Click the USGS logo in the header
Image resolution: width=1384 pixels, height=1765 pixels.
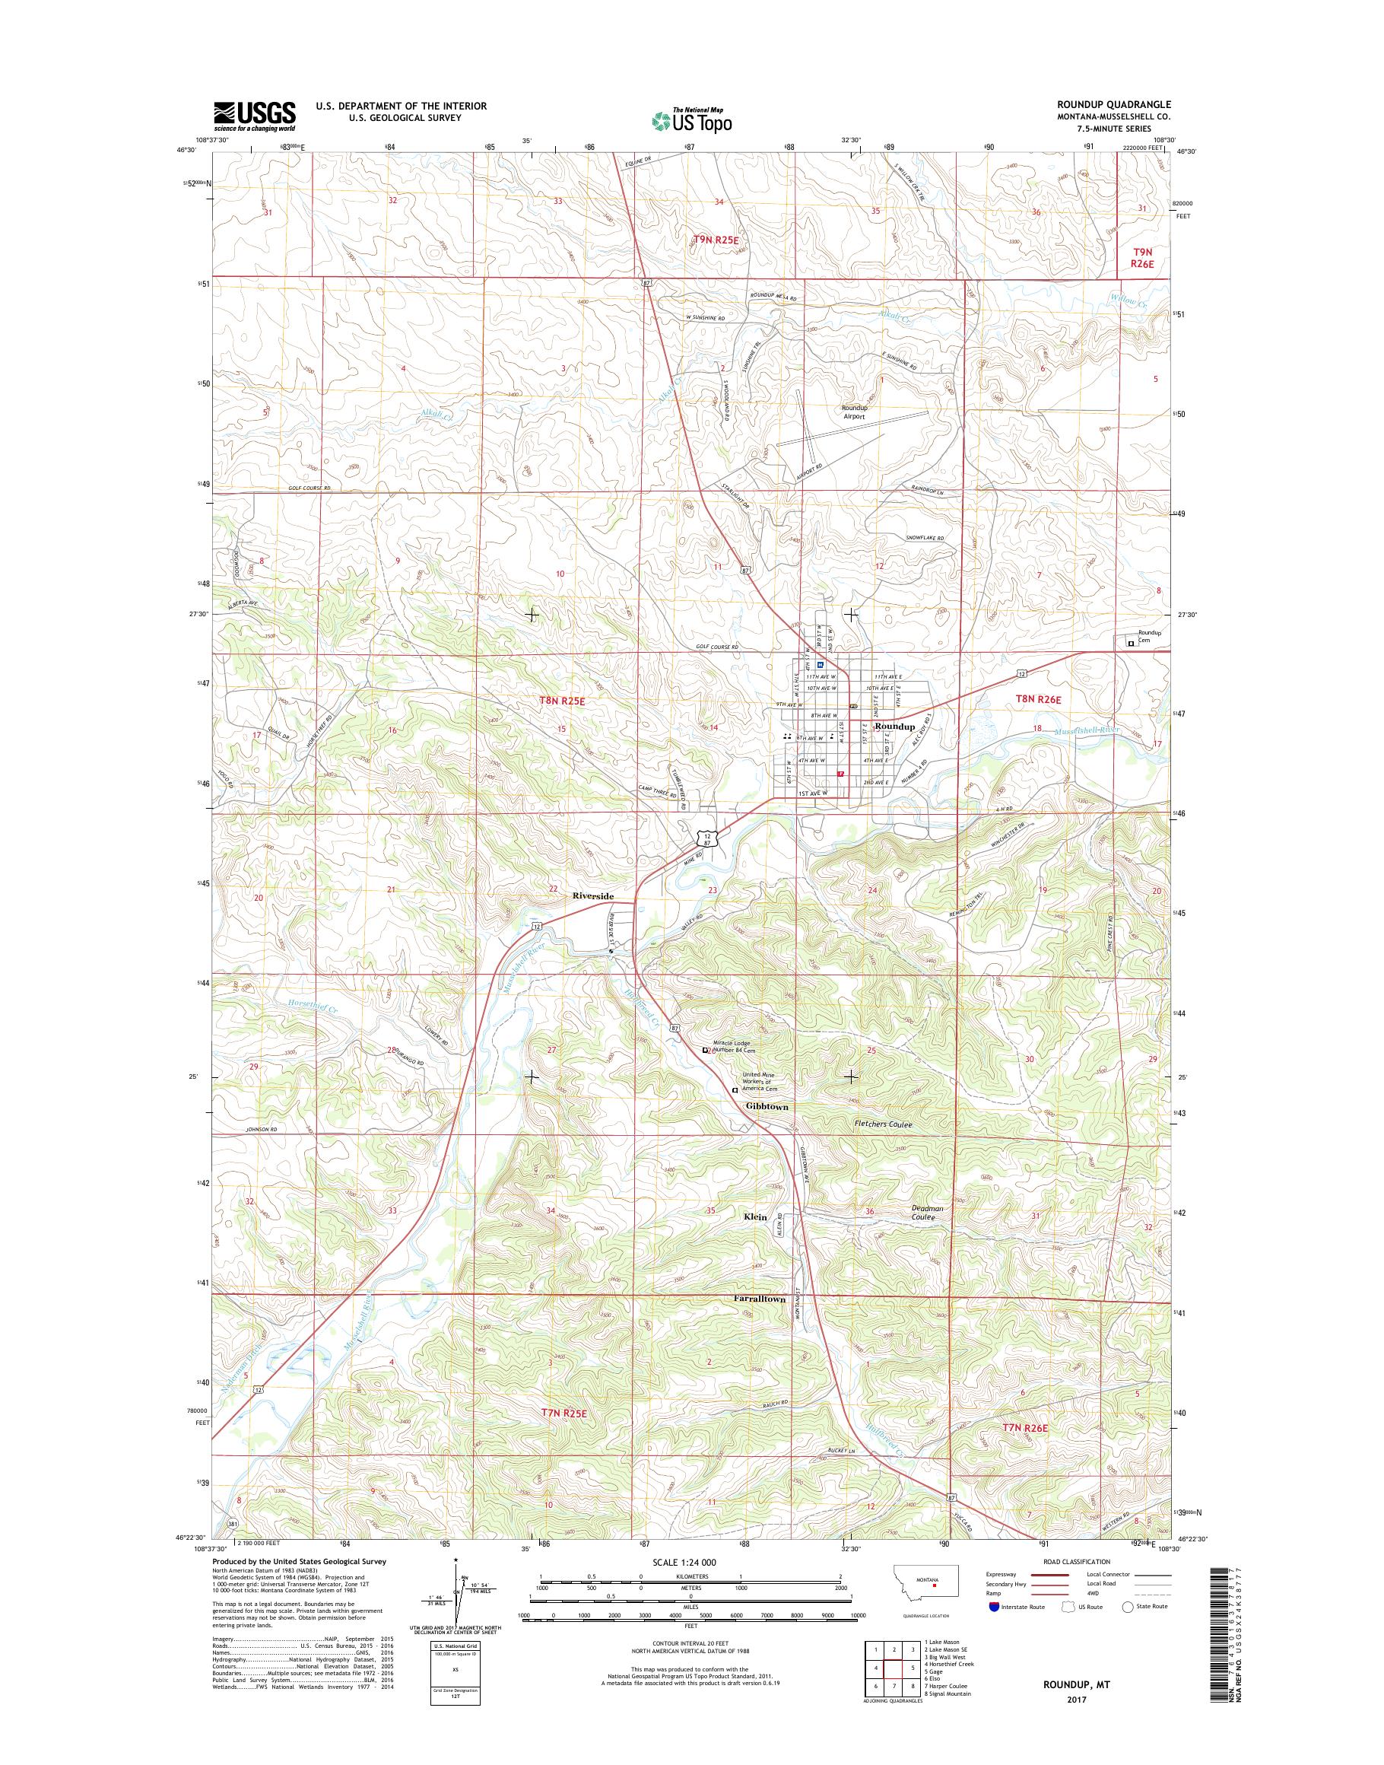(x=254, y=116)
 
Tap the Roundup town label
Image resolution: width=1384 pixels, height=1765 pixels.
(x=894, y=727)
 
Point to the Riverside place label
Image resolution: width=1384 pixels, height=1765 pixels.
(x=593, y=895)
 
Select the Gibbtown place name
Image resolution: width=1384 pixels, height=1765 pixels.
(x=767, y=1106)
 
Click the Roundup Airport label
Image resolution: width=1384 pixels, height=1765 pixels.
(x=853, y=411)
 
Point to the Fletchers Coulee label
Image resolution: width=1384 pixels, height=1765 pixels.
(x=883, y=1124)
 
